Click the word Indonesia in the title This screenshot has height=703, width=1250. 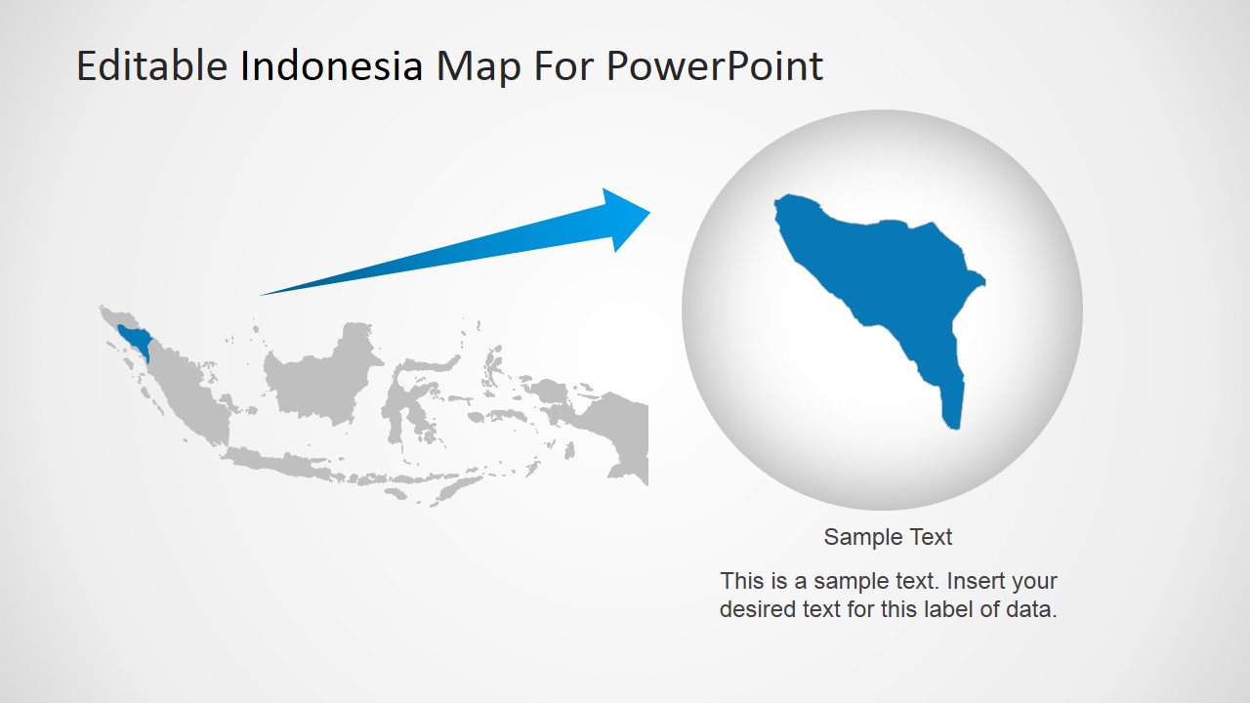pos(332,66)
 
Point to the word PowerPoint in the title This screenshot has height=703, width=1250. pos(715,66)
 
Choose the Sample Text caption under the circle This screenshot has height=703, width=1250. pos(888,537)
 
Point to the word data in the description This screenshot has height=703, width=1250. pos(1031,611)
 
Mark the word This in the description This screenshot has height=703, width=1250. pos(742,581)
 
